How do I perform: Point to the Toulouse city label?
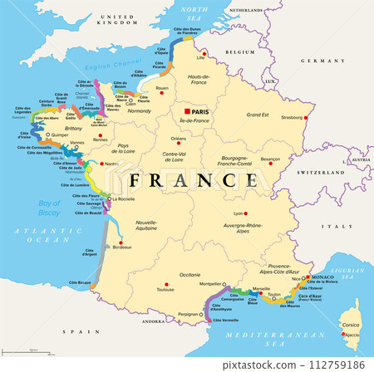(x=165, y=289)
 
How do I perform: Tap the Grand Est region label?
(x=258, y=115)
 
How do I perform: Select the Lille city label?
(x=199, y=58)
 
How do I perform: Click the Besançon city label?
(x=270, y=158)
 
